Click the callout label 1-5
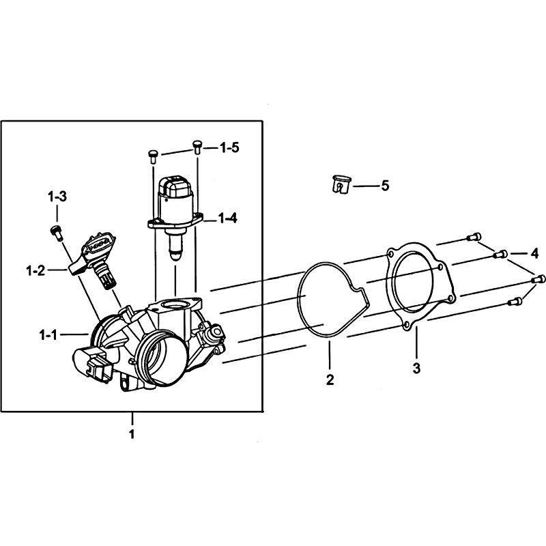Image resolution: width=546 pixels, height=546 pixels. (229, 147)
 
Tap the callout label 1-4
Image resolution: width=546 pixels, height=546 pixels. (228, 218)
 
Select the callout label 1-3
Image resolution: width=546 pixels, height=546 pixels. (57, 197)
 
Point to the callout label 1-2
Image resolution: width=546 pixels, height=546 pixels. (36, 270)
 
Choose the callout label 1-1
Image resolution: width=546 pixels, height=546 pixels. (48, 335)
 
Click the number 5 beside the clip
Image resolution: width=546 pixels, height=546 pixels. (385, 186)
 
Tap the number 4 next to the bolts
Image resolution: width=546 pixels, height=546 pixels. (534, 253)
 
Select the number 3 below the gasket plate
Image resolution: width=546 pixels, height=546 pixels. (416, 368)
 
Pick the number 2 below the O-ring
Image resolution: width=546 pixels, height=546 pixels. (330, 379)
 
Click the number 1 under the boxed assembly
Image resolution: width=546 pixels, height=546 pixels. (132, 434)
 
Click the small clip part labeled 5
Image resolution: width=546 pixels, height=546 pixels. (340, 184)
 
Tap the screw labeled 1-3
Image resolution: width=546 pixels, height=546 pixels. (56, 232)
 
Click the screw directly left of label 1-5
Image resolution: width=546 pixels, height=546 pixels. (153, 156)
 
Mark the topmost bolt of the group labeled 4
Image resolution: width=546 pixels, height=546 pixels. (474, 237)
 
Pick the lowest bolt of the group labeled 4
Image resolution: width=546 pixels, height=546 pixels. (515, 301)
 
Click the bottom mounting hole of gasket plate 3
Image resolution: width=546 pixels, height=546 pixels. (405, 326)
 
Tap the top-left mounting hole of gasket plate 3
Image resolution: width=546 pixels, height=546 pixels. (391, 254)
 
